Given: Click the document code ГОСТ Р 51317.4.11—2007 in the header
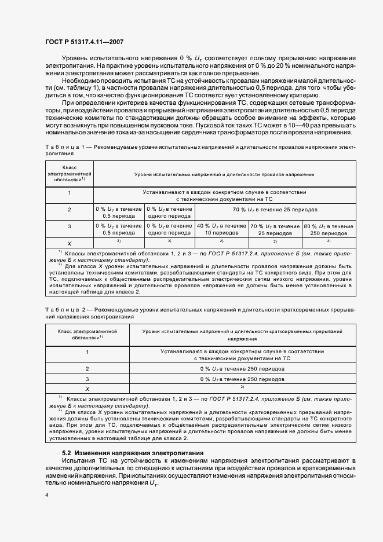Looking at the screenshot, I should (x=83, y=42).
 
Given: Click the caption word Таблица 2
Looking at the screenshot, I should (x=60, y=310).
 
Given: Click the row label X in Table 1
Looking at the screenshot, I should (x=70, y=243).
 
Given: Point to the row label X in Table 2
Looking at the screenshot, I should (x=87, y=389).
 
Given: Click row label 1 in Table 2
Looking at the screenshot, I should (x=87, y=351).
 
